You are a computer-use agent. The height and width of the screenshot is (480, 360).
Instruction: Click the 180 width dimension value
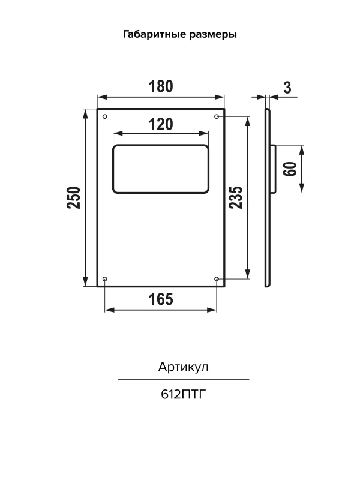click(x=161, y=86)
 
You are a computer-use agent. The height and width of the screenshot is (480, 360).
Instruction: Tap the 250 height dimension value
click(x=74, y=198)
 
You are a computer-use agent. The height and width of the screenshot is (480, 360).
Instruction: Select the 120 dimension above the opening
click(x=161, y=124)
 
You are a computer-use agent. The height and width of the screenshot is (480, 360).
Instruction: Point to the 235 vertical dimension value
click(x=236, y=198)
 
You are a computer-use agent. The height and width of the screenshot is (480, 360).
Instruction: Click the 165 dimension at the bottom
click(x=161, y=299)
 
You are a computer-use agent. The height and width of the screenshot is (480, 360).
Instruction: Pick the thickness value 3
click(x=287, y=88)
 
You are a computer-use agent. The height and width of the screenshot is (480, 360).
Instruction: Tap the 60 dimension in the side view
click(x=290, y=169)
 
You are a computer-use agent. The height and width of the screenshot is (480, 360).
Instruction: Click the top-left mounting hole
click(x=105, y=116)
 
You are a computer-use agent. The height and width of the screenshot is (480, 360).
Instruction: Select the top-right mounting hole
click(x=217, y=116)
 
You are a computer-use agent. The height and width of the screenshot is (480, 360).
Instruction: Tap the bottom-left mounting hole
click(x=105, y=279)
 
